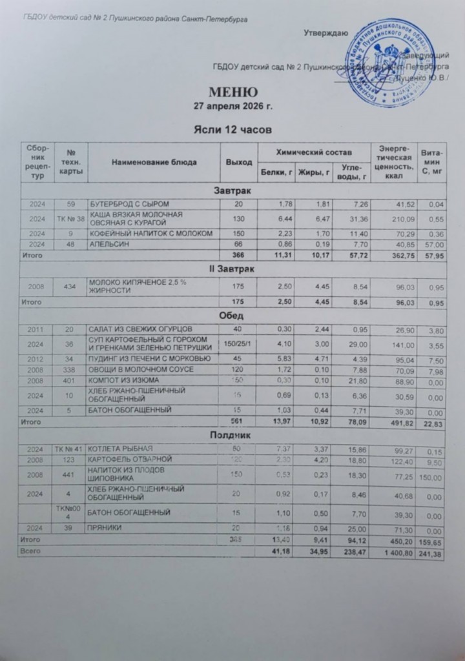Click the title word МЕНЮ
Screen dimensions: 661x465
tap(234, 91)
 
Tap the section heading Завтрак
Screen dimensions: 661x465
tap(233, 192)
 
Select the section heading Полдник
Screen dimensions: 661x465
tap(233, 436)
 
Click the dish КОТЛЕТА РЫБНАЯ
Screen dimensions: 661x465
tap(120, 448)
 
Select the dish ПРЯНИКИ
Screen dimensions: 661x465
tap(105, 527)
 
